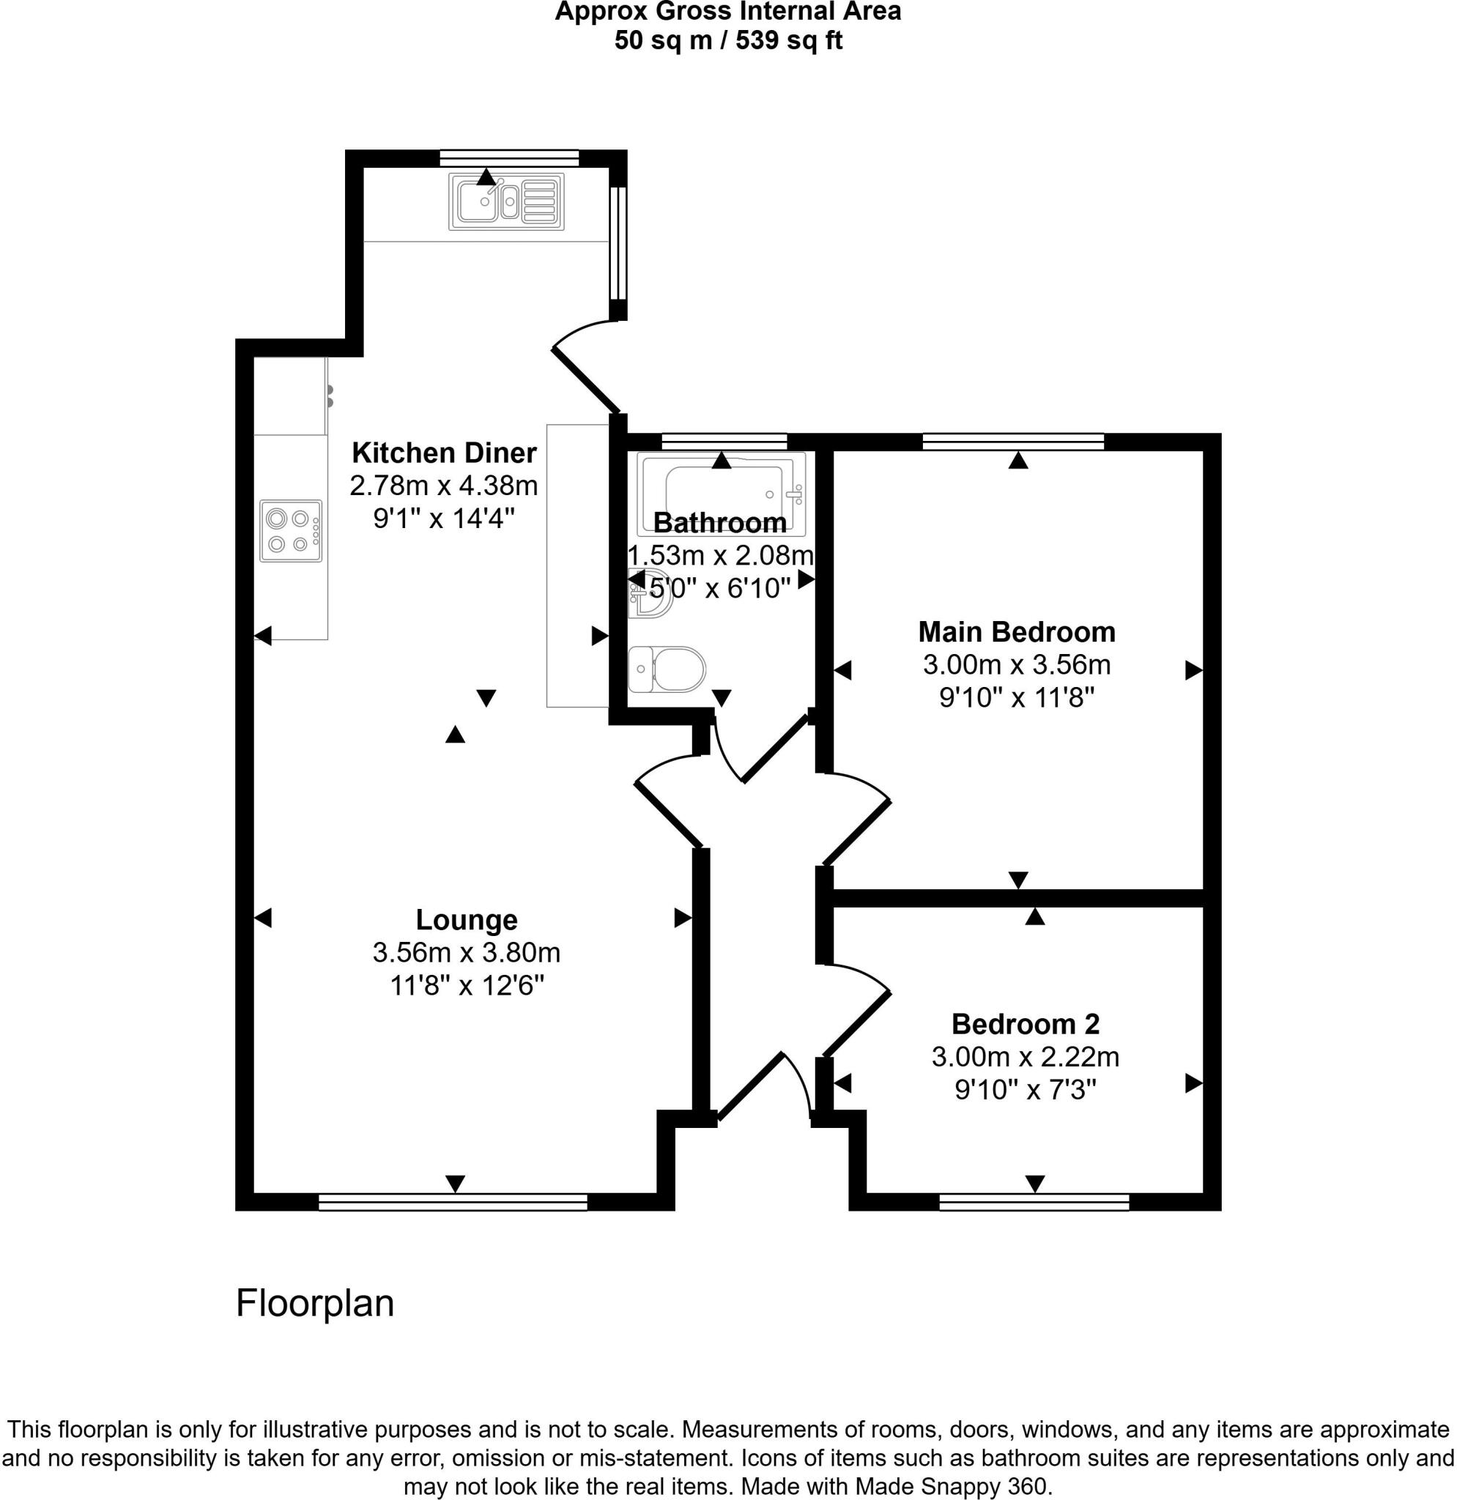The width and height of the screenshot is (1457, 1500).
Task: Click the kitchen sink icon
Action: [507, 201]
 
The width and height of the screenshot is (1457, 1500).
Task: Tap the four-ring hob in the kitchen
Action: [290, 531]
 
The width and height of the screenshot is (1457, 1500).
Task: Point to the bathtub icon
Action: [721, 493]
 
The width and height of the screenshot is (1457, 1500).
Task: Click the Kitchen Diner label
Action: [444, 453]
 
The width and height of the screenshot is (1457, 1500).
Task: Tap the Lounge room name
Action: [466, 920]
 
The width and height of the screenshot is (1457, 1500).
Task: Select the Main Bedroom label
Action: [1016, 632]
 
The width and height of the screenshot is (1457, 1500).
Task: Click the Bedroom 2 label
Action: [1026, 1024]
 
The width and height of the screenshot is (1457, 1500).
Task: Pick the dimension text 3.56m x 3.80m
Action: [466, 953]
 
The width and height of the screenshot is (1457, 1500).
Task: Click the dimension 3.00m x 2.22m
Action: [1026, 1057]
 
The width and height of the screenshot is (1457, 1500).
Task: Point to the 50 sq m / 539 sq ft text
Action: [727, 40]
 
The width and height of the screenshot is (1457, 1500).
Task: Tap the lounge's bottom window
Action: [453, 1203]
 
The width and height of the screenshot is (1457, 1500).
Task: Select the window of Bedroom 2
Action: [1034, 1203]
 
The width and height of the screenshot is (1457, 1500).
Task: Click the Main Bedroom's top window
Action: [1013, 441]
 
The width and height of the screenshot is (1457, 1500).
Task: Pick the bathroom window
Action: [724, 441]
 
